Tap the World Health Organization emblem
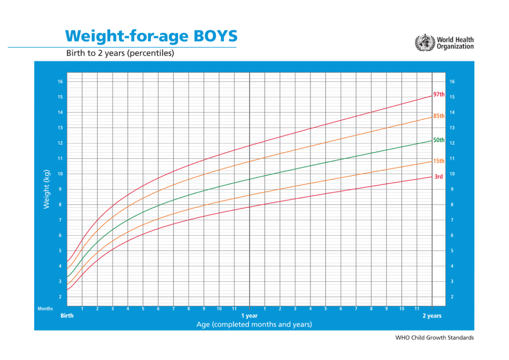(424, 43)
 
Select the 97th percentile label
(438, 94)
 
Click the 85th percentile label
(438, 116)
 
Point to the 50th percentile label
(438, 140)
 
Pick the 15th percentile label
(438, 161)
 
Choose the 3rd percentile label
(438, 176)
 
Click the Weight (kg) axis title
(47, 189)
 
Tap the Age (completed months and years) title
(254, 325)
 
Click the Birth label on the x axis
(67, 316)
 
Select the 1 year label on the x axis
(250, 316)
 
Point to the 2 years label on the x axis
(432, 316)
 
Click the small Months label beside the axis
(45, 309)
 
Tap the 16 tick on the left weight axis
(60, 82)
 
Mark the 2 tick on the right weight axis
(452, 297)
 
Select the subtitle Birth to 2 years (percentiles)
(120, 53)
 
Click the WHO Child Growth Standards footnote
(434, 338)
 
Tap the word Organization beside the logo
(455, 47)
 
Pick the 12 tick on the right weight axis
(452, 143)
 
